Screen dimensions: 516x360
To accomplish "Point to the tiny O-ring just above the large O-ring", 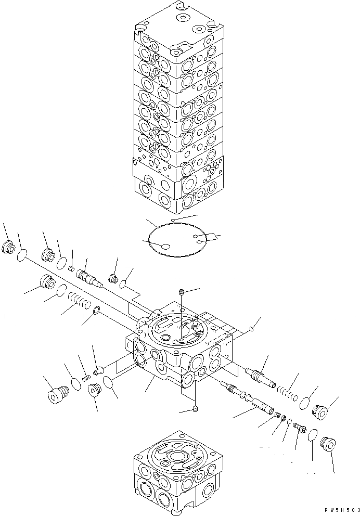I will (x=173, y=221).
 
